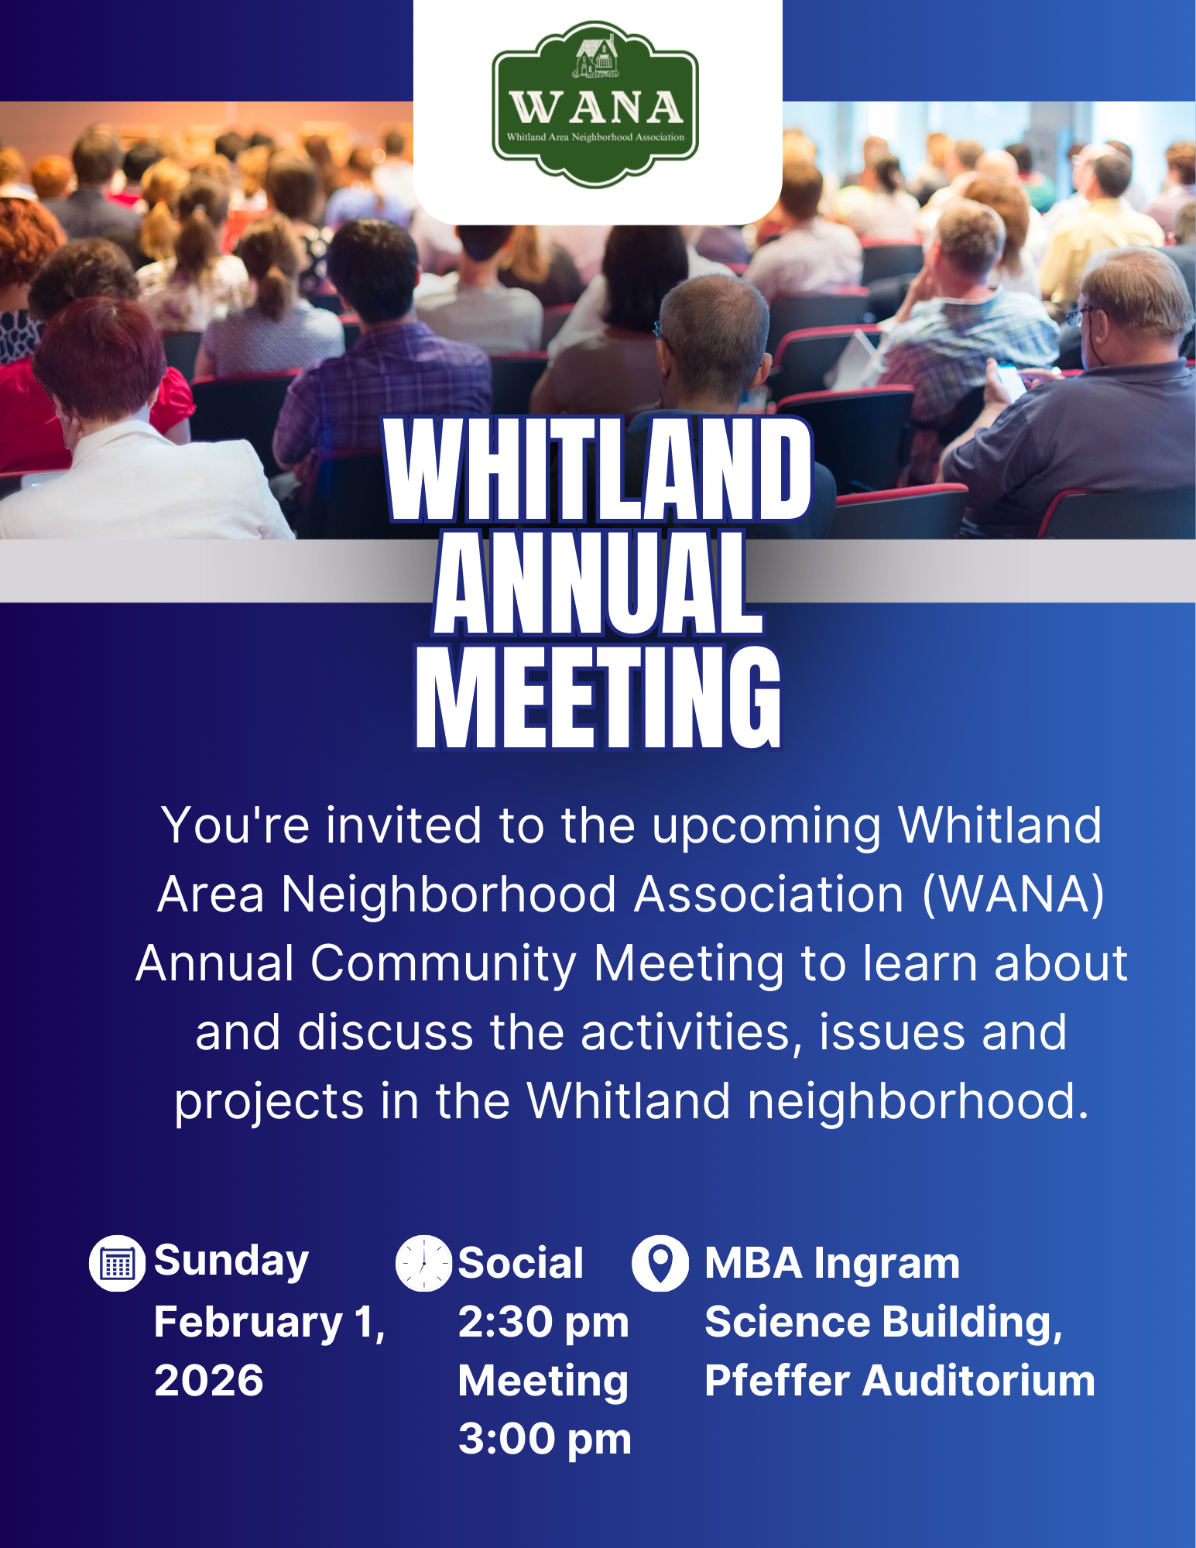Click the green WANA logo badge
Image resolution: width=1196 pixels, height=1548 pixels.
pyautogui.click(x=595, y=104)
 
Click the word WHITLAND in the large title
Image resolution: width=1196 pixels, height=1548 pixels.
pyautogui.click(x=598, y=469)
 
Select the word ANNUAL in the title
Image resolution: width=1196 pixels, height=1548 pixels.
pyautogui.click(x=598, y=582)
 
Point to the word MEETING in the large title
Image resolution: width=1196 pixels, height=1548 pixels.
pyautogui.click(x=598, y=696)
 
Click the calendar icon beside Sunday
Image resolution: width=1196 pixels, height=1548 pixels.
pyautogui.click(x=117, y=1264)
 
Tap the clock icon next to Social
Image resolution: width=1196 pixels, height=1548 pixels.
pyautogui.click(x=423, y=1264)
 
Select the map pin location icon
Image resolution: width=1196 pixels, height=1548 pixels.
pyautogui.click(x=660, y=1263)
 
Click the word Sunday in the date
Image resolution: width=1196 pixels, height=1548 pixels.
pyautogui.click(x=231, y=1262)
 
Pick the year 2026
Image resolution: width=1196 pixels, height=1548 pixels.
pyautogui.click(x=209, y=1381)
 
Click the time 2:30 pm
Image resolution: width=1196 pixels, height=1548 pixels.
pyautogui.click(x=543, y=1322)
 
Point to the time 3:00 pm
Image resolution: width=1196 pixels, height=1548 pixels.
pyautogui.click(x=545, y=1439)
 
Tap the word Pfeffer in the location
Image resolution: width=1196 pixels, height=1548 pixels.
pyautogui.click(x=776, y=1381)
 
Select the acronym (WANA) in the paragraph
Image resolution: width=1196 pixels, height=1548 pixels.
pyautogui.click(x=1013, y=895)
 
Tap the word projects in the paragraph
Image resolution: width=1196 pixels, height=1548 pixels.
pyautogui.click(x=269, y=1103)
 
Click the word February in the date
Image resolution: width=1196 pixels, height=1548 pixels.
pyautogui.click(x=248, y=1323)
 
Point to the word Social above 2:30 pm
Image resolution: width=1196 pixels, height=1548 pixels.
pyautogui.click(x=521, y=1264)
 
